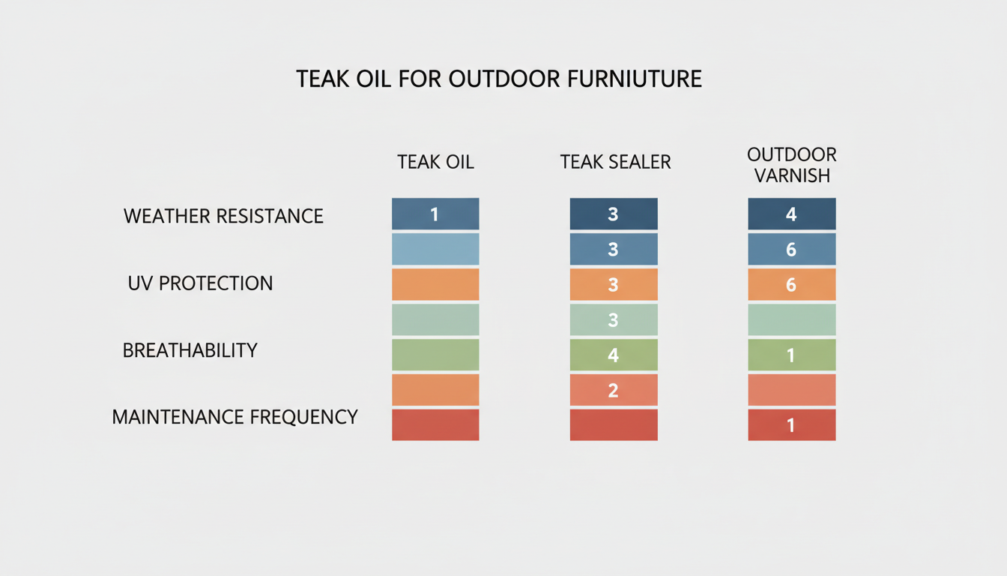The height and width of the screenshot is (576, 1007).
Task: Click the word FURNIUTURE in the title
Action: [635, 79]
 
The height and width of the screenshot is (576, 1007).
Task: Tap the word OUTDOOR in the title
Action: [504, 79]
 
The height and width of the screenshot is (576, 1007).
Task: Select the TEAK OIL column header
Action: [435, 162]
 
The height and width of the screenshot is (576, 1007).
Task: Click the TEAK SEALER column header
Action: [615, 162]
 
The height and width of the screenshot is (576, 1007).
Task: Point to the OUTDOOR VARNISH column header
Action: [792, 165]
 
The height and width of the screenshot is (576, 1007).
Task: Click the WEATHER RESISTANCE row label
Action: [223, 216]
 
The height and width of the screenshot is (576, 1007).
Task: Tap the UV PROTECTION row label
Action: [201, 283]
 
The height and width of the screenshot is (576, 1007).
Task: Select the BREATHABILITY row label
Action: [190, 350]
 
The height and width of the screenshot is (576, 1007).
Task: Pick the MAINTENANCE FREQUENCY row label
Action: [235, 417]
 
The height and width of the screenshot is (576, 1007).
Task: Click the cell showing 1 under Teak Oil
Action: [435, 214]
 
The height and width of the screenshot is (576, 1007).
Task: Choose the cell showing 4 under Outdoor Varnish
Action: [792, 214]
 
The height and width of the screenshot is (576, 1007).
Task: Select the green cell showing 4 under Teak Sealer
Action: [614, 355]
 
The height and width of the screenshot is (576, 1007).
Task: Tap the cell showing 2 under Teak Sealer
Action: [614, 390]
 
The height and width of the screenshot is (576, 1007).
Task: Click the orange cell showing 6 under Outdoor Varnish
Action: [792, 284]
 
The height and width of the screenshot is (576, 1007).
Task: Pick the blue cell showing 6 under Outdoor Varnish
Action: [792, 249]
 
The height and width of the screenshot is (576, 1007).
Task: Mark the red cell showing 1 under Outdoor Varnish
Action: [792, 424]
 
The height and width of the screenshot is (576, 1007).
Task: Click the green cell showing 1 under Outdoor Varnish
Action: [792, 355]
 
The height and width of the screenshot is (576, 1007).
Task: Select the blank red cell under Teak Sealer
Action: [614, 424]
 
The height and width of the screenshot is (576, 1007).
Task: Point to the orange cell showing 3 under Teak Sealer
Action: [614, 284]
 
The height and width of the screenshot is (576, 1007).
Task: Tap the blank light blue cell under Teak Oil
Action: [435, 249]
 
